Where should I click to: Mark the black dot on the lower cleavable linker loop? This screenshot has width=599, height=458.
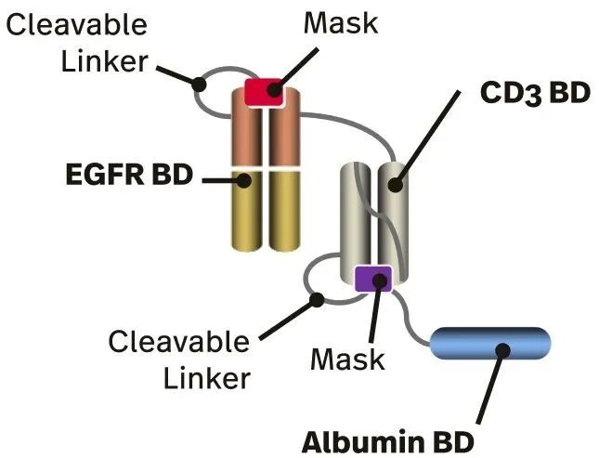[x=318, y=299]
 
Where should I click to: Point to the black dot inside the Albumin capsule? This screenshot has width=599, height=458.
[x=503, y=350]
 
